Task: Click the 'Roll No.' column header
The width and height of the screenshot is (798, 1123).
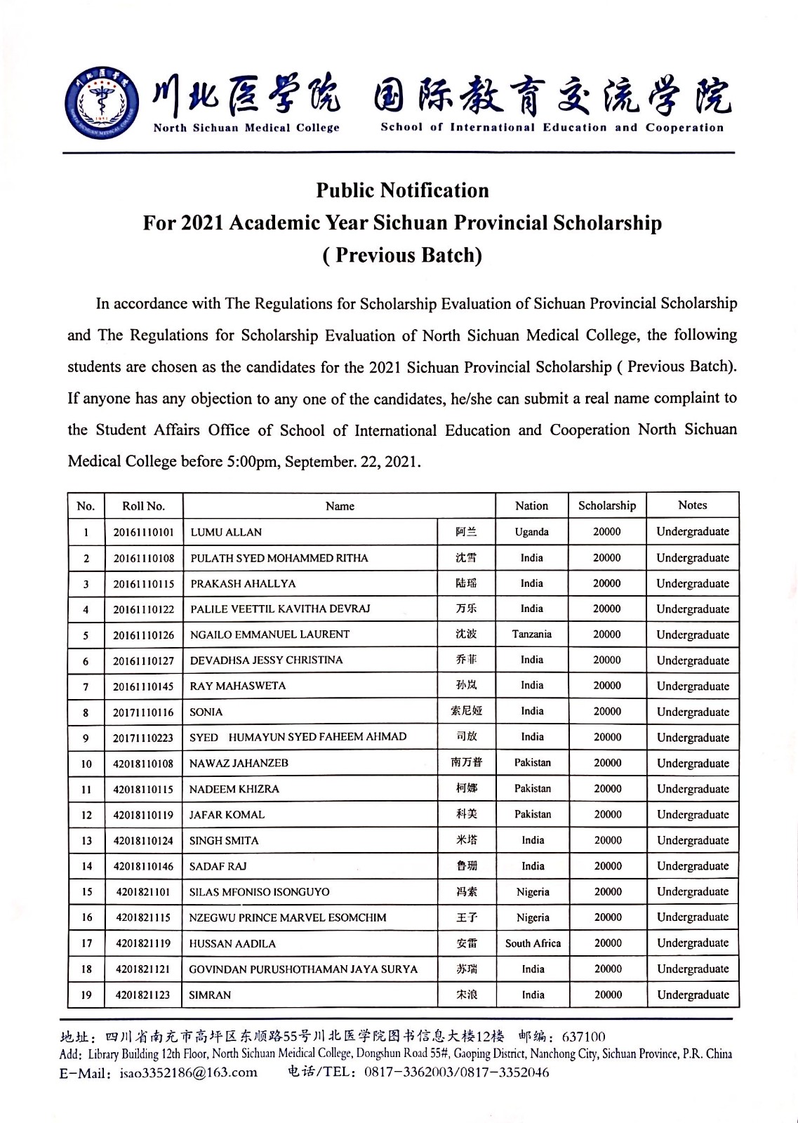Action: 143,506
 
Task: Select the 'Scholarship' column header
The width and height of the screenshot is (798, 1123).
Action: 607,505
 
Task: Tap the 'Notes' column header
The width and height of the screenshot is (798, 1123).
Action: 693,505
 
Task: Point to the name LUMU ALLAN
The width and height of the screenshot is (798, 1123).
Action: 226,532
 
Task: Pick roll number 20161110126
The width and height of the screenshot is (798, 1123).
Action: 143,635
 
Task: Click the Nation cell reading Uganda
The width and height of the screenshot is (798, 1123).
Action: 531,532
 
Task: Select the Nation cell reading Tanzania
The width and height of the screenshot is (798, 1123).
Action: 531,634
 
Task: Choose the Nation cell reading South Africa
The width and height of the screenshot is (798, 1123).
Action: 533,943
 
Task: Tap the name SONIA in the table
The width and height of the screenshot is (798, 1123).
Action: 206,712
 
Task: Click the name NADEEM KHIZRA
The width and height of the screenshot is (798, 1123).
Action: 234,789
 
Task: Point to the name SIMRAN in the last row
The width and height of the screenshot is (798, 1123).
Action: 210,995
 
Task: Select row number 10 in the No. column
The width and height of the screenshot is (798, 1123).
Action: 86,764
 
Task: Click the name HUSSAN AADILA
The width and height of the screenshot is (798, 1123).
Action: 232,944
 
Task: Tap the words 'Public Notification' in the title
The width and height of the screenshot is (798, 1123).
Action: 402,191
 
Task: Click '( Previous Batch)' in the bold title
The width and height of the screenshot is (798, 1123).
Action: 402,255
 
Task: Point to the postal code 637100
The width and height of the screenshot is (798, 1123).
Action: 583,1037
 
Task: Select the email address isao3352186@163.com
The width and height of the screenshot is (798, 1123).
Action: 188,1072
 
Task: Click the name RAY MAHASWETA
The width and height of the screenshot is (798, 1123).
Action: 237,686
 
